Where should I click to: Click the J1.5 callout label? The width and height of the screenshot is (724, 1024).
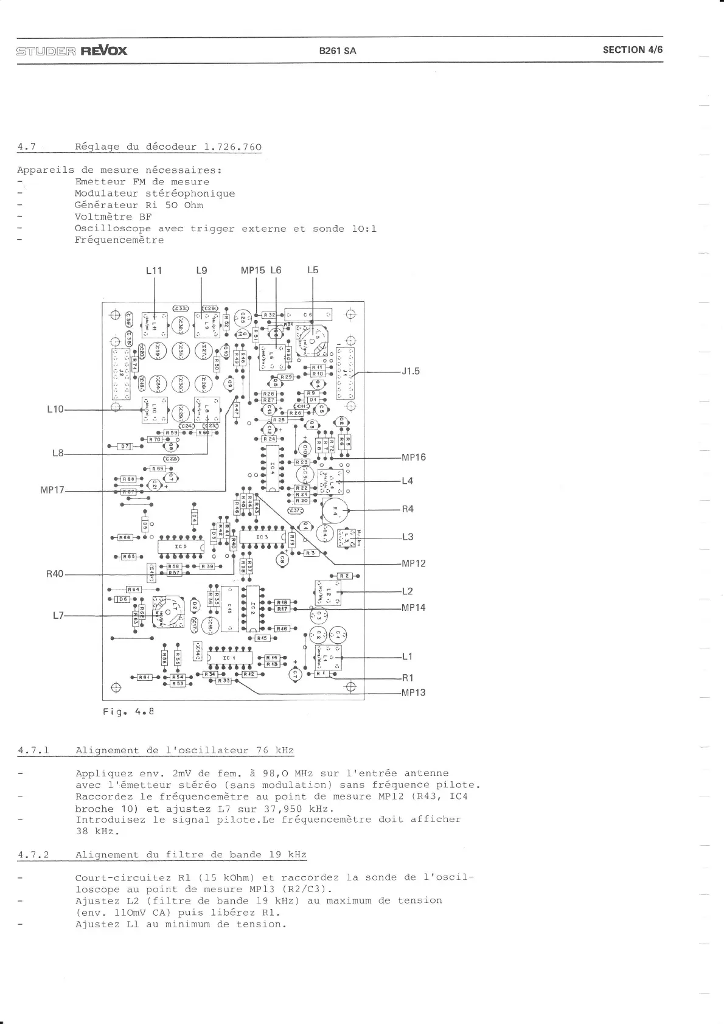pyautogui.click(x=411, y=371)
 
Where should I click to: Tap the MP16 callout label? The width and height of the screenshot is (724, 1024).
pyautogui.click(x=414, y=457)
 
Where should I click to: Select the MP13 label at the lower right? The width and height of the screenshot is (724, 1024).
pyautogui.click(x=414, y=692)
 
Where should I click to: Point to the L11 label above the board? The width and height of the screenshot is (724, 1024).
pyautogui.click(x=154, y=270)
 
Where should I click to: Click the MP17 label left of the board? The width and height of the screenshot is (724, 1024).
pyautogui.click(x=52, y=490)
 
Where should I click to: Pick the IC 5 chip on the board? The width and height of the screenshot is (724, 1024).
pyautogui.click(x=181, y=546)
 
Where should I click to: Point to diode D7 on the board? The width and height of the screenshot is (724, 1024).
pyautogui.click(x=125, y=446)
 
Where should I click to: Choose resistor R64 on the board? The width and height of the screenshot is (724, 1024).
pyautogui.click(x=133, y=589)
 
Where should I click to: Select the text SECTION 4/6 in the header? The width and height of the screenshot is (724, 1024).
pyautogui.click(x=632, y=50)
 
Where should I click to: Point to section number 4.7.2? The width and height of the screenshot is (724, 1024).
pyautogui.click(x=34, y=855)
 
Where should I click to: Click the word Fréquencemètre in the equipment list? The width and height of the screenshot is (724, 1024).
pyautogui.click(x=119, y=240)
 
